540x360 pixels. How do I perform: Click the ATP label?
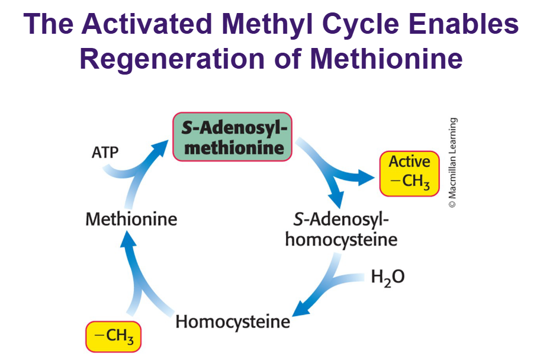coord(105,152)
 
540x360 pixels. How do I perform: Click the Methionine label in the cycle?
coord(131,220)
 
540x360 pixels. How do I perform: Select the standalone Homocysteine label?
coord(233,322)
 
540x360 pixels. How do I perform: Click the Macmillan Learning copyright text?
coord(452,162)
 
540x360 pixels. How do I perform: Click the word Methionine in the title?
coord(385,59)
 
